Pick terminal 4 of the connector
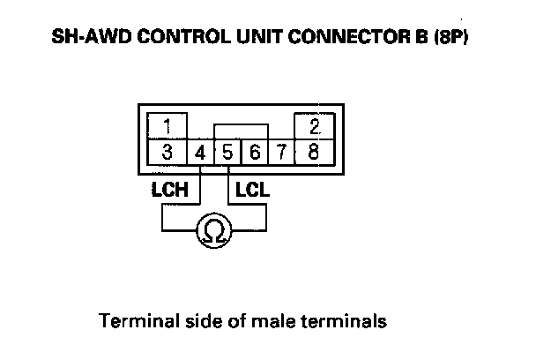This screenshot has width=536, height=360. (201, 152)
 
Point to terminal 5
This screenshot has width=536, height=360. (227, 152)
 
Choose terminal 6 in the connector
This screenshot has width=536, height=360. (254, 152)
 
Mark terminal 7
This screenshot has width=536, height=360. (279, 152)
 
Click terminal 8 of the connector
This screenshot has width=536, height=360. (313, 151)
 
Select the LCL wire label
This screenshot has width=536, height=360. (253, 189)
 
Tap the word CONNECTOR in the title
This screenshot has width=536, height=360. (331, 41)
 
